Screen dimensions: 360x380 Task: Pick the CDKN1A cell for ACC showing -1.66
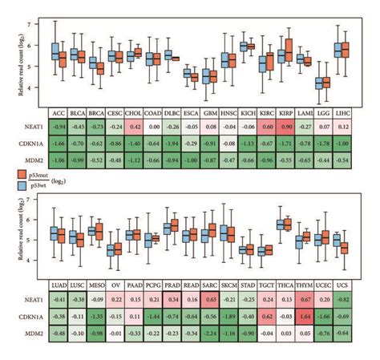pyautogui.click(x=59, y=143)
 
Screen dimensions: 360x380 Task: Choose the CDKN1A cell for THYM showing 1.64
pyautogui.click(x=304, y=316)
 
